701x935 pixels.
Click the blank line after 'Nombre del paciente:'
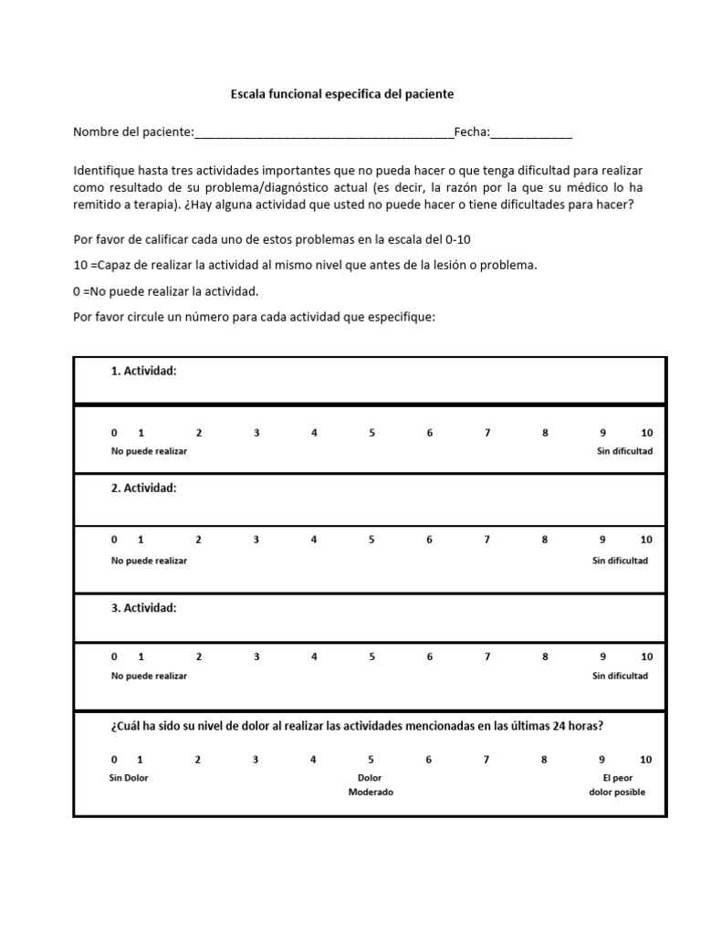324,134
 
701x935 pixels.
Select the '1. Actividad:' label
143,372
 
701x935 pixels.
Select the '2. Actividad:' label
143,489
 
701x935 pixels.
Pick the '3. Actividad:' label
143,607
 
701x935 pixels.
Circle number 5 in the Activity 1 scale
371,433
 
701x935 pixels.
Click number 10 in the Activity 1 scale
646,433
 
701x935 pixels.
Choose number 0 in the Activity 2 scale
114,540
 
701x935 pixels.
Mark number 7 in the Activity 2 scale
487,540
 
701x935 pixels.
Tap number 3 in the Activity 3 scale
256,657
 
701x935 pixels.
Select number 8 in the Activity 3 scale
545,657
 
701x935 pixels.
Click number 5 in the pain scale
371,760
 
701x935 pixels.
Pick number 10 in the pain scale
645,760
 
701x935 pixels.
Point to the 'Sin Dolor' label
128,778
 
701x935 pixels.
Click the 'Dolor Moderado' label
371,785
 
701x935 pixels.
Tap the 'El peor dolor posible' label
617,785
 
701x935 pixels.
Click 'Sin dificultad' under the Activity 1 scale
624,452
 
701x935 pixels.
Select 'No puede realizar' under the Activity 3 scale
149,676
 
